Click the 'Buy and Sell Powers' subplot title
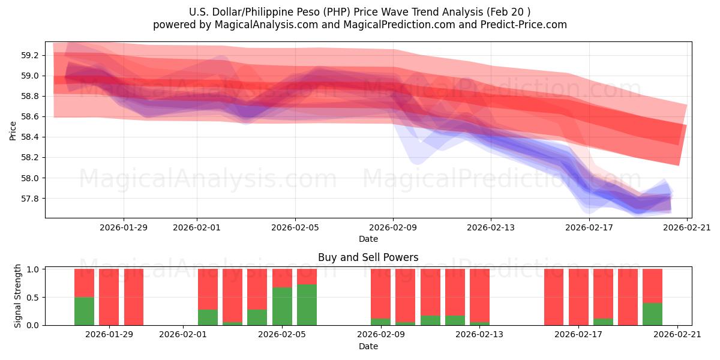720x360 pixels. click(368, 257)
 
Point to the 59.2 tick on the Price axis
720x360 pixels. click(30, 55)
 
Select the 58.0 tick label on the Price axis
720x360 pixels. click(30, 178)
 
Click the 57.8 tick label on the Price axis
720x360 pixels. click(30, 199)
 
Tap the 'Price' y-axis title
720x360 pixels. click(13, 130)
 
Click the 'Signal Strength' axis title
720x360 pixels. click(18, 296)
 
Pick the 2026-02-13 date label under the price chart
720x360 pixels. click(491, 227)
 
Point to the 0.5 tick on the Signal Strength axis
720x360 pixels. click(32, 297)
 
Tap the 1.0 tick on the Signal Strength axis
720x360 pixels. click(32, 269)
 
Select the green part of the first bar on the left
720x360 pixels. click(84, 311)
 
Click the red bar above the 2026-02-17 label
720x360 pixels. click(578, 296)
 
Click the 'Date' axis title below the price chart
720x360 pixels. click(368, 239)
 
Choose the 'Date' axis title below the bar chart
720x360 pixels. click(368, 346)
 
